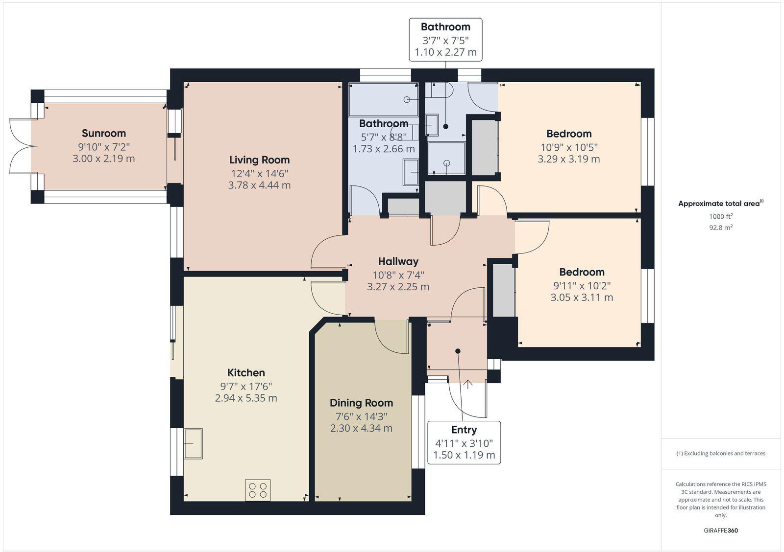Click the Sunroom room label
[x=104, y=133]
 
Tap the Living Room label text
[x=259, y=160]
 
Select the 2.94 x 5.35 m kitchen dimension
[x=246, y=398]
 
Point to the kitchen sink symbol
[x=193, y=443]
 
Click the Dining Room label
[x=361, y=403]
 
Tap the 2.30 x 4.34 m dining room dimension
[x=361, y=428]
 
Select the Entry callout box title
[x=464, y=430]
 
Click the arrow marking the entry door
[x=467, y=384]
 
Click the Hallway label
[x=398, y=261]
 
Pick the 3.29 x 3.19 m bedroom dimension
[x=568, y=159]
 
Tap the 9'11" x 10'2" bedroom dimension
[x=582, y=285]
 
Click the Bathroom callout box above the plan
[x=445, y=40]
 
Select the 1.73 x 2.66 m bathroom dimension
[x=384, y=149]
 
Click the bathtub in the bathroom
[x=383, y=100]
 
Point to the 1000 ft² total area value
[x=721, y=216]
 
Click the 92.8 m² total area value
[x=721, y=228]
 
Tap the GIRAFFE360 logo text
[x=721, y=530]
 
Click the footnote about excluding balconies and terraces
[x=721, y=453]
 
